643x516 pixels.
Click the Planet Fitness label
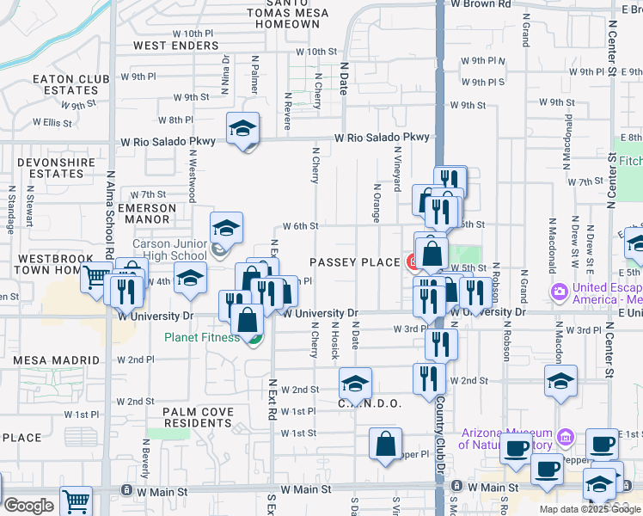tap(202, 337)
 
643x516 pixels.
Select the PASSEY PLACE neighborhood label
tap(355, 261)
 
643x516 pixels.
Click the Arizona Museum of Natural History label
tap(505, 439)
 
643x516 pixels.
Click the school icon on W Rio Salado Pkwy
tap(243, 129)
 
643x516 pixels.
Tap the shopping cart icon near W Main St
tap(77, 501)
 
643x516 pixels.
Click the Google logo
tap(28, 506)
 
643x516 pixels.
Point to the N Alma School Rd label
tap(110, 215)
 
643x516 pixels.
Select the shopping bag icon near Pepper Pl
tap(386, 444)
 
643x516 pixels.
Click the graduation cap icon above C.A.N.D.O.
tap(354, 384)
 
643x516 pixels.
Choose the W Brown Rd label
tap(482, 4)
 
